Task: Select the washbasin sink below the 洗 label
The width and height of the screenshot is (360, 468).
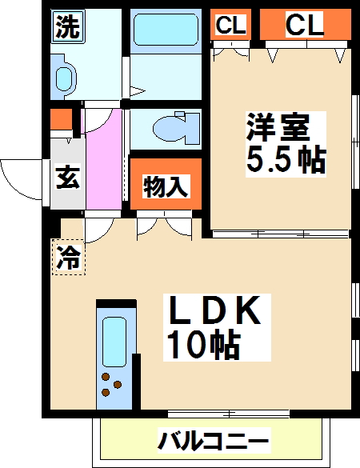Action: (64, 78)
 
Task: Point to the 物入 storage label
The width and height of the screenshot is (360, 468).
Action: (166, 187)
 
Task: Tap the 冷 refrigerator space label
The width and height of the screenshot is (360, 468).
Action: (69, 258)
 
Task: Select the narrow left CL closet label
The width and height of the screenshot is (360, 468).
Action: (230, 26)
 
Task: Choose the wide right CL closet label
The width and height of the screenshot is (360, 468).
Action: (305, 26)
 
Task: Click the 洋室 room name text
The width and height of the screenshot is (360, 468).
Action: (274, 127)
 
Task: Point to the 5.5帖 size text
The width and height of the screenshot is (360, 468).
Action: (285, 161)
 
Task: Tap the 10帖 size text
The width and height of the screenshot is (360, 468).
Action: (203, 345)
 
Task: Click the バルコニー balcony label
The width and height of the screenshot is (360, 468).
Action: (214, 440)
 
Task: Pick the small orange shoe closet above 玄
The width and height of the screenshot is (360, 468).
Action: (60, 121)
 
